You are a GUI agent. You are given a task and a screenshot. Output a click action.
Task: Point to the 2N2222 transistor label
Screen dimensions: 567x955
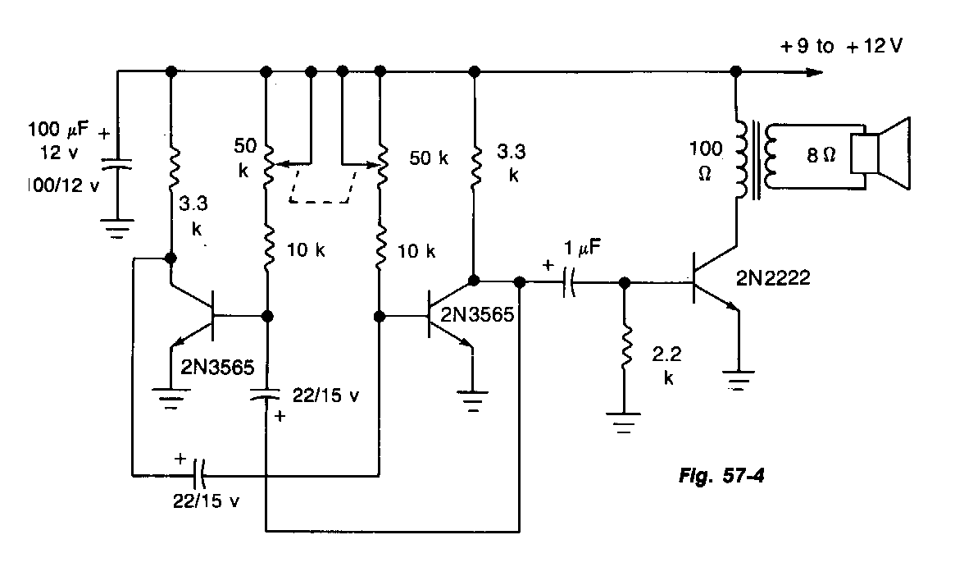click(x=773, y=279)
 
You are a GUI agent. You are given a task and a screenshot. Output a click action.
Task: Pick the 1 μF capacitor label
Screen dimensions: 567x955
click(x=581, y=245)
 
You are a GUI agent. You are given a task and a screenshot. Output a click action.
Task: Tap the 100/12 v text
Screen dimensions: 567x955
click(x=62, y=185)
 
